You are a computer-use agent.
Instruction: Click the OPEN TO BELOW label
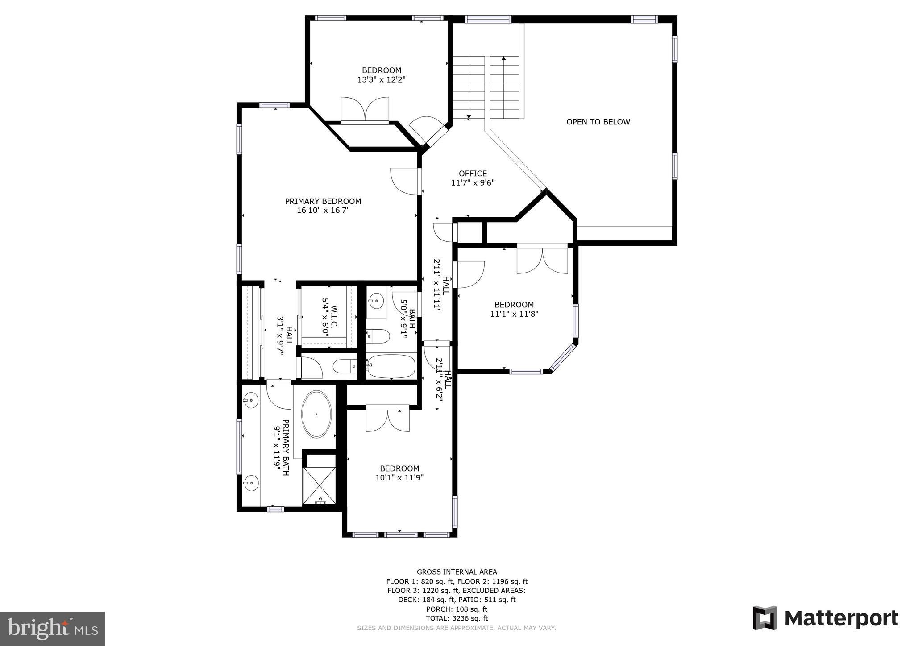click(x=598, y=122)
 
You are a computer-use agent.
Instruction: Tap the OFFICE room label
click(x=473, y=174)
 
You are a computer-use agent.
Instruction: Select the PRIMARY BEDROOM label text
click(x=323, y=201)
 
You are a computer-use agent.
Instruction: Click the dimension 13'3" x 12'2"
click(x=381, y=80)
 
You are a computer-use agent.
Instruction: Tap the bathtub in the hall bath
click(x=391, y=366)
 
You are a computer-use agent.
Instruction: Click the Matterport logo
click(x=825, y=618)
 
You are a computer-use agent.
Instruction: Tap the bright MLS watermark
click(x=52, y=629)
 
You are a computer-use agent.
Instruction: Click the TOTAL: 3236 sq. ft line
click(x=457, y=618)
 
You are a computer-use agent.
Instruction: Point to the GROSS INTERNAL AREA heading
click(x=457, y=572)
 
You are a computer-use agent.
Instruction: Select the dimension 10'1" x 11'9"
click(x=399, y=478)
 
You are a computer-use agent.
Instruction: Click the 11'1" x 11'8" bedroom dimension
click(x=514, y=314)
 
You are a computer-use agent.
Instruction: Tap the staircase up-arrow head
click(x=504, y=58)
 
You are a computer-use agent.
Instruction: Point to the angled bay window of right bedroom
click(x=564, y=357)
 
